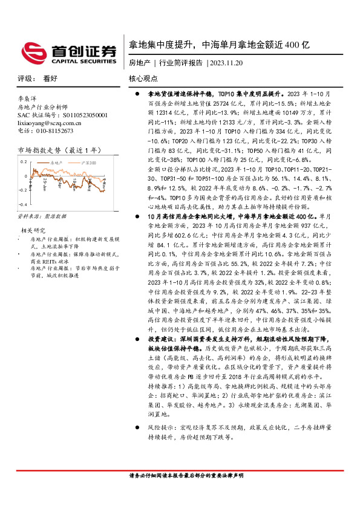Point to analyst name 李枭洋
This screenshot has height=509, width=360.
click(x=28, y=97)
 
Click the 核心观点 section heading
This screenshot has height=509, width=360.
click(x=143, y=79)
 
